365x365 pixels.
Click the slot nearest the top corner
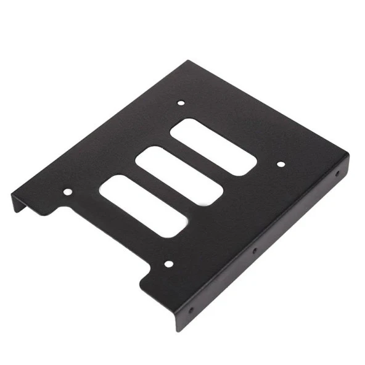(x=213, y=146)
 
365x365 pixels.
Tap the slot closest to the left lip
(x=142, y=206)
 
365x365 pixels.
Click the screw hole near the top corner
(x=180, y=104)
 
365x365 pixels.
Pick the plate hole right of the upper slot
(x=280, y=164)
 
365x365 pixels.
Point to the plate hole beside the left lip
(x=67, y=192)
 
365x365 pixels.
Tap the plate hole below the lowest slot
(x=168, y=264)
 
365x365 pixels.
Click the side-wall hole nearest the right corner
(x=337, y=174)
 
